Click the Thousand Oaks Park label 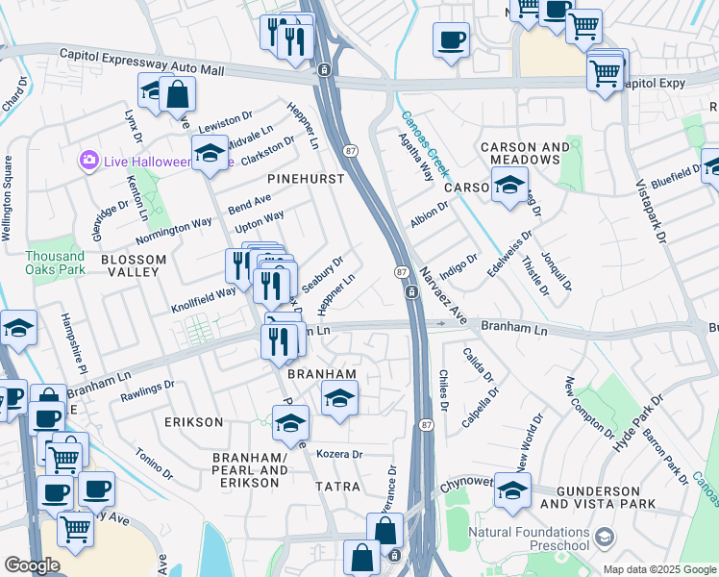point(55,263)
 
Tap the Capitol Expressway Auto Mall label point(140,63)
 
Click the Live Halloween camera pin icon point(89,159)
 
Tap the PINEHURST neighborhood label point(306,179)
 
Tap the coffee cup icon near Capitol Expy point(450,40)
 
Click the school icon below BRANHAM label point(337,398)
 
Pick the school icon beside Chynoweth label point(512,490)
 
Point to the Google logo point(32,565)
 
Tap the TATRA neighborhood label point(338,487)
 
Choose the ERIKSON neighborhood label point(193,422)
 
